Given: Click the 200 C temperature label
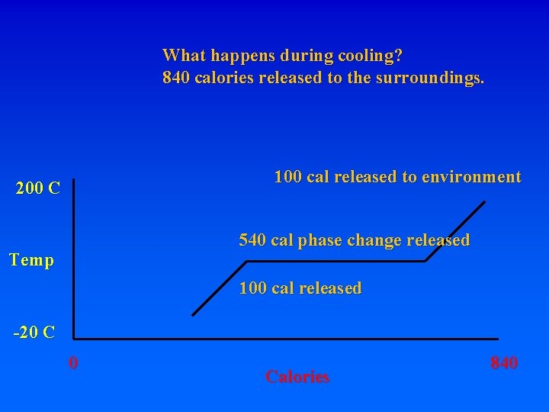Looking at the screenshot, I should tap(38, 188).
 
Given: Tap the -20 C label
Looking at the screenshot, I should tap(34, 332).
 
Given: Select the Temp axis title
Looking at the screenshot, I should tap(32, 260).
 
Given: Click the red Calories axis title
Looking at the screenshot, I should tap(297, 376).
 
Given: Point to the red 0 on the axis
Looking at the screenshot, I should tap(72, 362).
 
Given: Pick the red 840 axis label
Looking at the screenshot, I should tap(504, 362).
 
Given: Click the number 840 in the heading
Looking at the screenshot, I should tap(176, 78).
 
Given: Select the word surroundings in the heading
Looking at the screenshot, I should tap(430, 78).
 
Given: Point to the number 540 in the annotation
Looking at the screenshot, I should tap(252, 240).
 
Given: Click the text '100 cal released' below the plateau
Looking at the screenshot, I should tap(300, 288).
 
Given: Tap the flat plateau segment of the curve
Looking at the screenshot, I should tap(335, 261).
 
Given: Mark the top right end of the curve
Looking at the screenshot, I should tap(485, 201).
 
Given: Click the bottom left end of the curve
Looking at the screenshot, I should tap(193, 314).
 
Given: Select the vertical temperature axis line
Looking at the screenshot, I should tap(73, 259).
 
